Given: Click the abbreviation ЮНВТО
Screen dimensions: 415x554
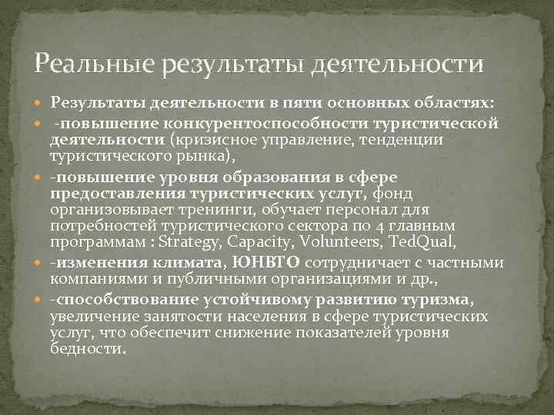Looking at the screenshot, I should coord(265,264).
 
